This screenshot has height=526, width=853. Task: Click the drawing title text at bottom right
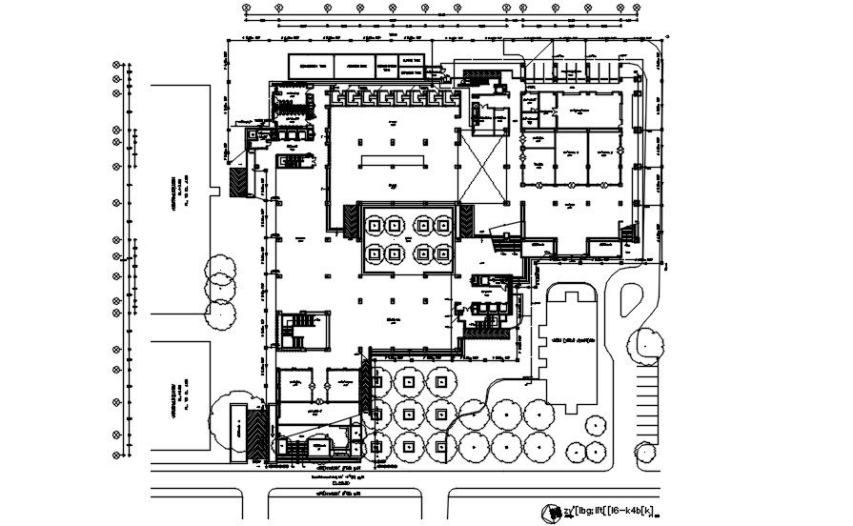coord(610,512)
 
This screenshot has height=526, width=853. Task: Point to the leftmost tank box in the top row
coord(314,68)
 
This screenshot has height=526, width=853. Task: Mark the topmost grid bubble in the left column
coord(117,66)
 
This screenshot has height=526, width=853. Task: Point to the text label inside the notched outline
coord(572,339)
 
